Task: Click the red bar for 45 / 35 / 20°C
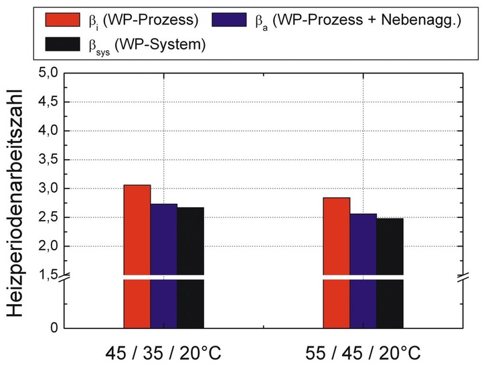137,254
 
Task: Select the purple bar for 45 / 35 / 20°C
163,264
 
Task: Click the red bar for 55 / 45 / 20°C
337,261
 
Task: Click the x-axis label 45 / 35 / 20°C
163,352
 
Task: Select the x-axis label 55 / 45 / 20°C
363,352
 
